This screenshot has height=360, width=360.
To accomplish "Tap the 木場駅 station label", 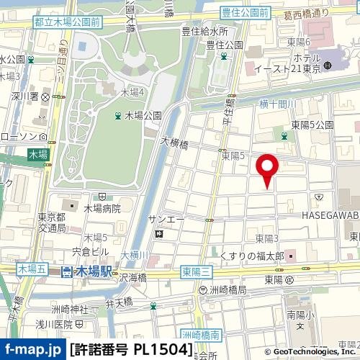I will pyautogui.click(x=96, y=271).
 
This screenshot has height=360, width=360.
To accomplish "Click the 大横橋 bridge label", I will pyautogui.click(x=174, y=144).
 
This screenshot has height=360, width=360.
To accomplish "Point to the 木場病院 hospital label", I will pyautogui.click(x=104, y=209).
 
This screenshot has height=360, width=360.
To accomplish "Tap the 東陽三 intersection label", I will pyautogui.click(x=196, y=271).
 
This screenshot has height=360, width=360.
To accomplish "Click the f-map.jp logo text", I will pyautogui.click(x=32, y=350).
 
